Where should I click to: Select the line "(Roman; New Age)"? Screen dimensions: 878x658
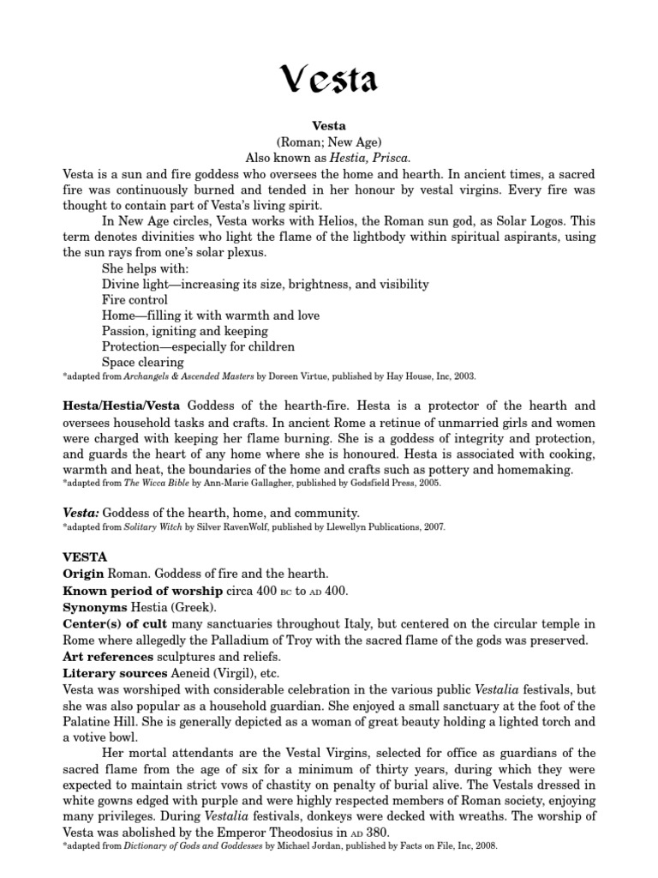tap(329, 142)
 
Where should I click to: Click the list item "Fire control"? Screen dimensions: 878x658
tap(135, 300)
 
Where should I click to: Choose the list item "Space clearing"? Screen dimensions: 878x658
tap(142, 362)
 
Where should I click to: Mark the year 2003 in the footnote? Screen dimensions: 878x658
tap(462, 376)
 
